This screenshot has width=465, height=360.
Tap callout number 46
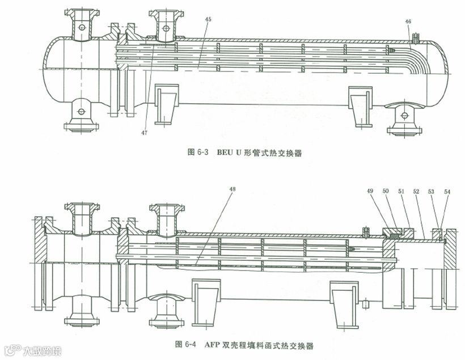click(408, 22)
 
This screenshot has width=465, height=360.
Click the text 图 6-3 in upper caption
click(198, 152)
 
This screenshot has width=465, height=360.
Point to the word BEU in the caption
click(226, 152)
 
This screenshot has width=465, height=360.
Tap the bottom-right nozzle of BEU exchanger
click(404, 117)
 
